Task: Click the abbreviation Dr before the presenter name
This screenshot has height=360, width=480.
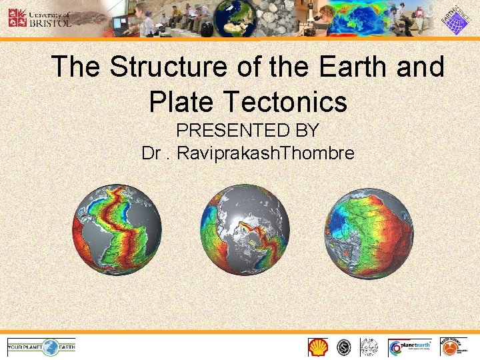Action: pos(152,153)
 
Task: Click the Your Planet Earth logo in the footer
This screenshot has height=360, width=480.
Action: pos(41,346)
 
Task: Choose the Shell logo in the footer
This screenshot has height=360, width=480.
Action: pos(318,347)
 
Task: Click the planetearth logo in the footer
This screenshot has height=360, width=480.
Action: pos(411,347)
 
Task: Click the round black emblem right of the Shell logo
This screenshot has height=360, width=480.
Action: pos(344,347)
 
